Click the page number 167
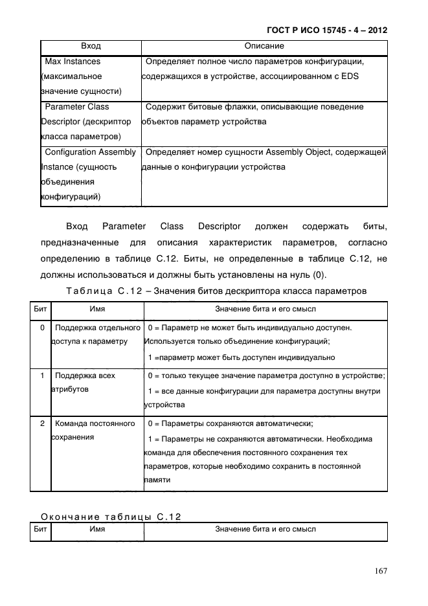point(379,570)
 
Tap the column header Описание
point(264,47)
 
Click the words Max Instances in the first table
point(73,62)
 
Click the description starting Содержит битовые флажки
point(254,107)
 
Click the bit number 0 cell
point(41,328)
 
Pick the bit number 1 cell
point(41,376)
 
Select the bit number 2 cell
point(41,423)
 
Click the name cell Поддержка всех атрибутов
point(85,383)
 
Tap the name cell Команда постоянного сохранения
point(94,431)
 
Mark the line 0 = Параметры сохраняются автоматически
point(231,424)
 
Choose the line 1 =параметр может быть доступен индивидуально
point(241,357)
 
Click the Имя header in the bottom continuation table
point(97,530)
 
